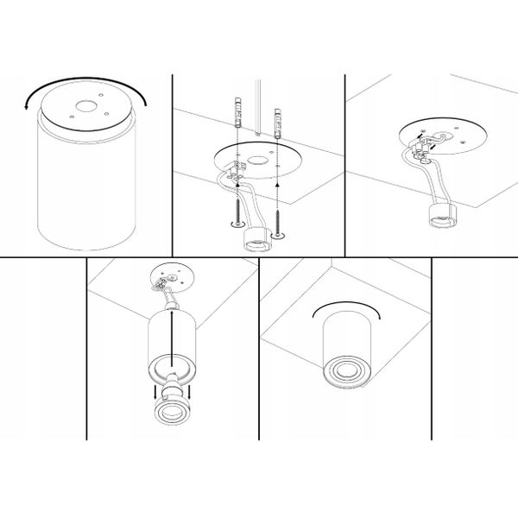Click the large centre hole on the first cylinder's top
point(86,109)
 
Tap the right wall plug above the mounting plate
point(276,121)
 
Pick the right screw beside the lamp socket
point(277,216)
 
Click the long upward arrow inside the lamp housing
point(174,337)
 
